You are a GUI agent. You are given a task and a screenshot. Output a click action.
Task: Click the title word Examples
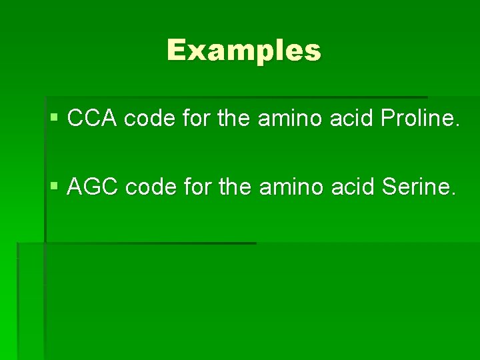click(244, 50)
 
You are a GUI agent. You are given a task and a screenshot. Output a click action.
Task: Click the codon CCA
click(93, 119)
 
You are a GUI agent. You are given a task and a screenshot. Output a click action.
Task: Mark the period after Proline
click(457, 126)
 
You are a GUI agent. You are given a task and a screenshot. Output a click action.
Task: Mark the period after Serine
click(454, 195)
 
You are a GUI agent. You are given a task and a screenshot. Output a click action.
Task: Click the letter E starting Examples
click(177, 50)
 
